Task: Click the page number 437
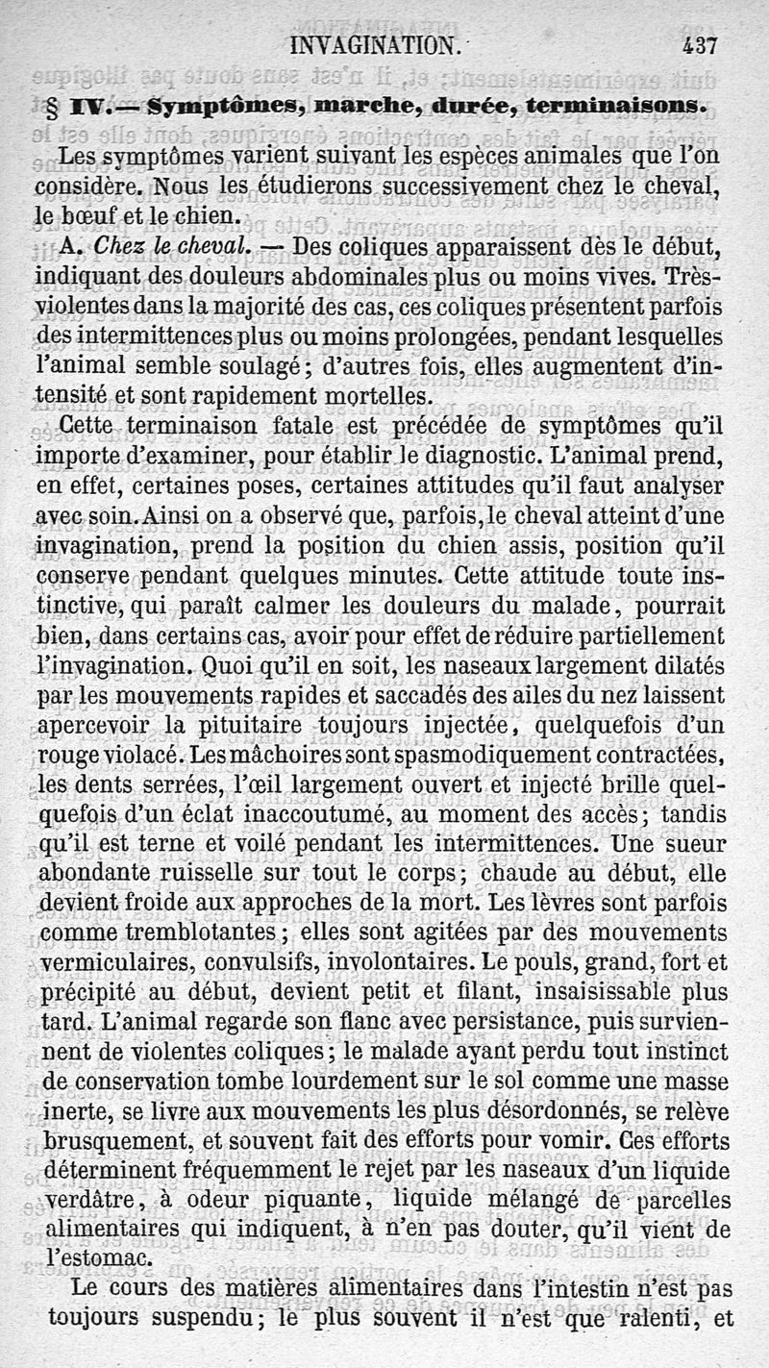tap(701, 44)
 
